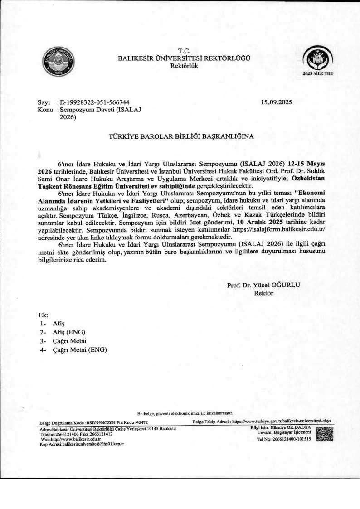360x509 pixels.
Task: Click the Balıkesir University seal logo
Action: (58, 61)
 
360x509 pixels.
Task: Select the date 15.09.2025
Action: (277, 102)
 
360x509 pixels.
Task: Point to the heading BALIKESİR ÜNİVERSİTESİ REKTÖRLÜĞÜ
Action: (184, 58)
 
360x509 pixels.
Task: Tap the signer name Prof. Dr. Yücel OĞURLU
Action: (263, 285)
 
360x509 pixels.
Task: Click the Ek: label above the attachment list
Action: (44, 315)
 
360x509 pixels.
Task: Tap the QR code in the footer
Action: (324, 435)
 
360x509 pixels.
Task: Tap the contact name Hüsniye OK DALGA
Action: (290, 427)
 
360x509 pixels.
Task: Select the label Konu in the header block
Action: (44, 110)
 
